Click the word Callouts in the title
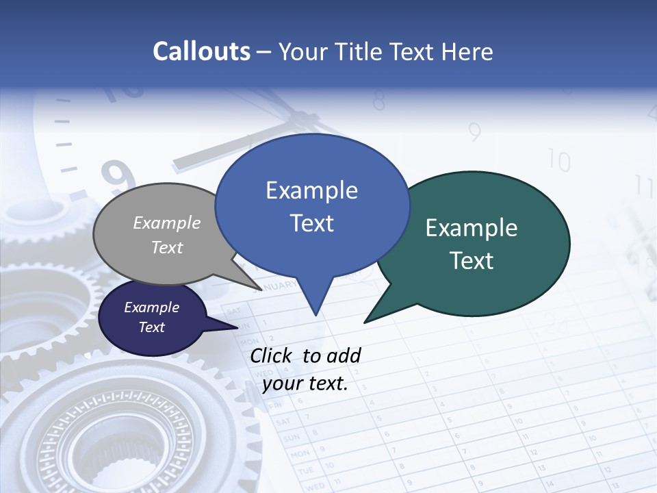[x=201, y=51]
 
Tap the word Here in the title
[x=468, y=51]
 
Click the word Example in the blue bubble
[x=312, y=190]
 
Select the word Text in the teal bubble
[x=472, y=261]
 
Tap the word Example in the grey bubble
[x=167, y=223]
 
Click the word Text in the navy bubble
[x=152, y=327]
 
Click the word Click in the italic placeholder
[x=272, y=355]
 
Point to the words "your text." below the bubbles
[x=305, y=383]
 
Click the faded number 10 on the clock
[x=559, y=161]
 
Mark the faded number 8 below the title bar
[x=378, y=101]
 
